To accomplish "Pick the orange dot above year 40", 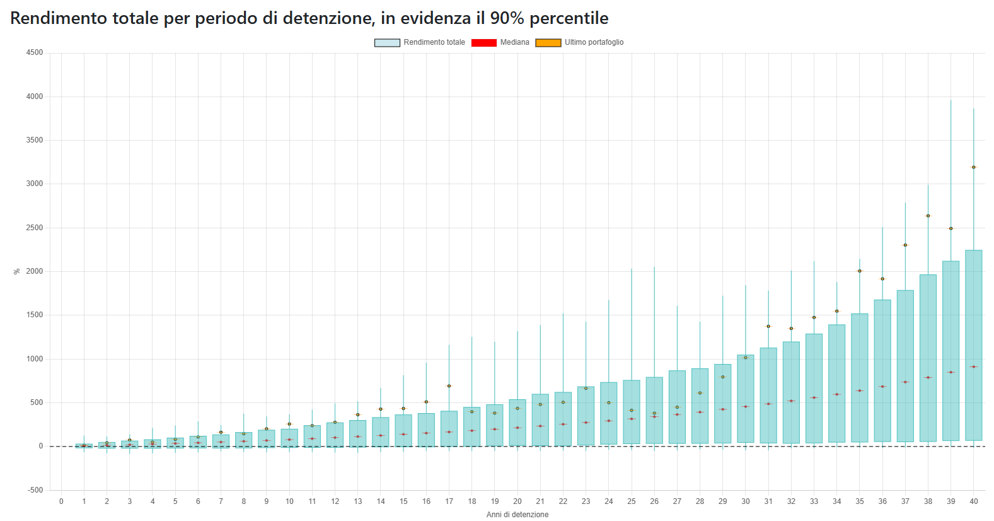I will click(x=973, y=167).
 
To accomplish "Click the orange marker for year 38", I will click(x=928, y=216).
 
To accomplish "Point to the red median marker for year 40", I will click(x=973, y=366).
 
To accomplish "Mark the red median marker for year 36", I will click(x=882, y=386).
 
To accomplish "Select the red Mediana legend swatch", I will click(x=484, y=42).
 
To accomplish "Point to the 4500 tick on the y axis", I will click(x=35, y=53).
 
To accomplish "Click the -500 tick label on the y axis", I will click(x=35, y=490).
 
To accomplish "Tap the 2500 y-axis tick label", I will click(x=35, y=228).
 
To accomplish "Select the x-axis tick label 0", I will click(x=61, y=501).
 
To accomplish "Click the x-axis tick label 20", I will click(x=517, y=501).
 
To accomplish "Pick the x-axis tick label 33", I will click(x=814, y=501).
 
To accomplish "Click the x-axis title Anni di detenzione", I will click(x=517, y=515).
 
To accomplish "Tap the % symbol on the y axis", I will click(x=17, y=271).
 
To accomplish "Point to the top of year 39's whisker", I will click(x=951, y=100).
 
